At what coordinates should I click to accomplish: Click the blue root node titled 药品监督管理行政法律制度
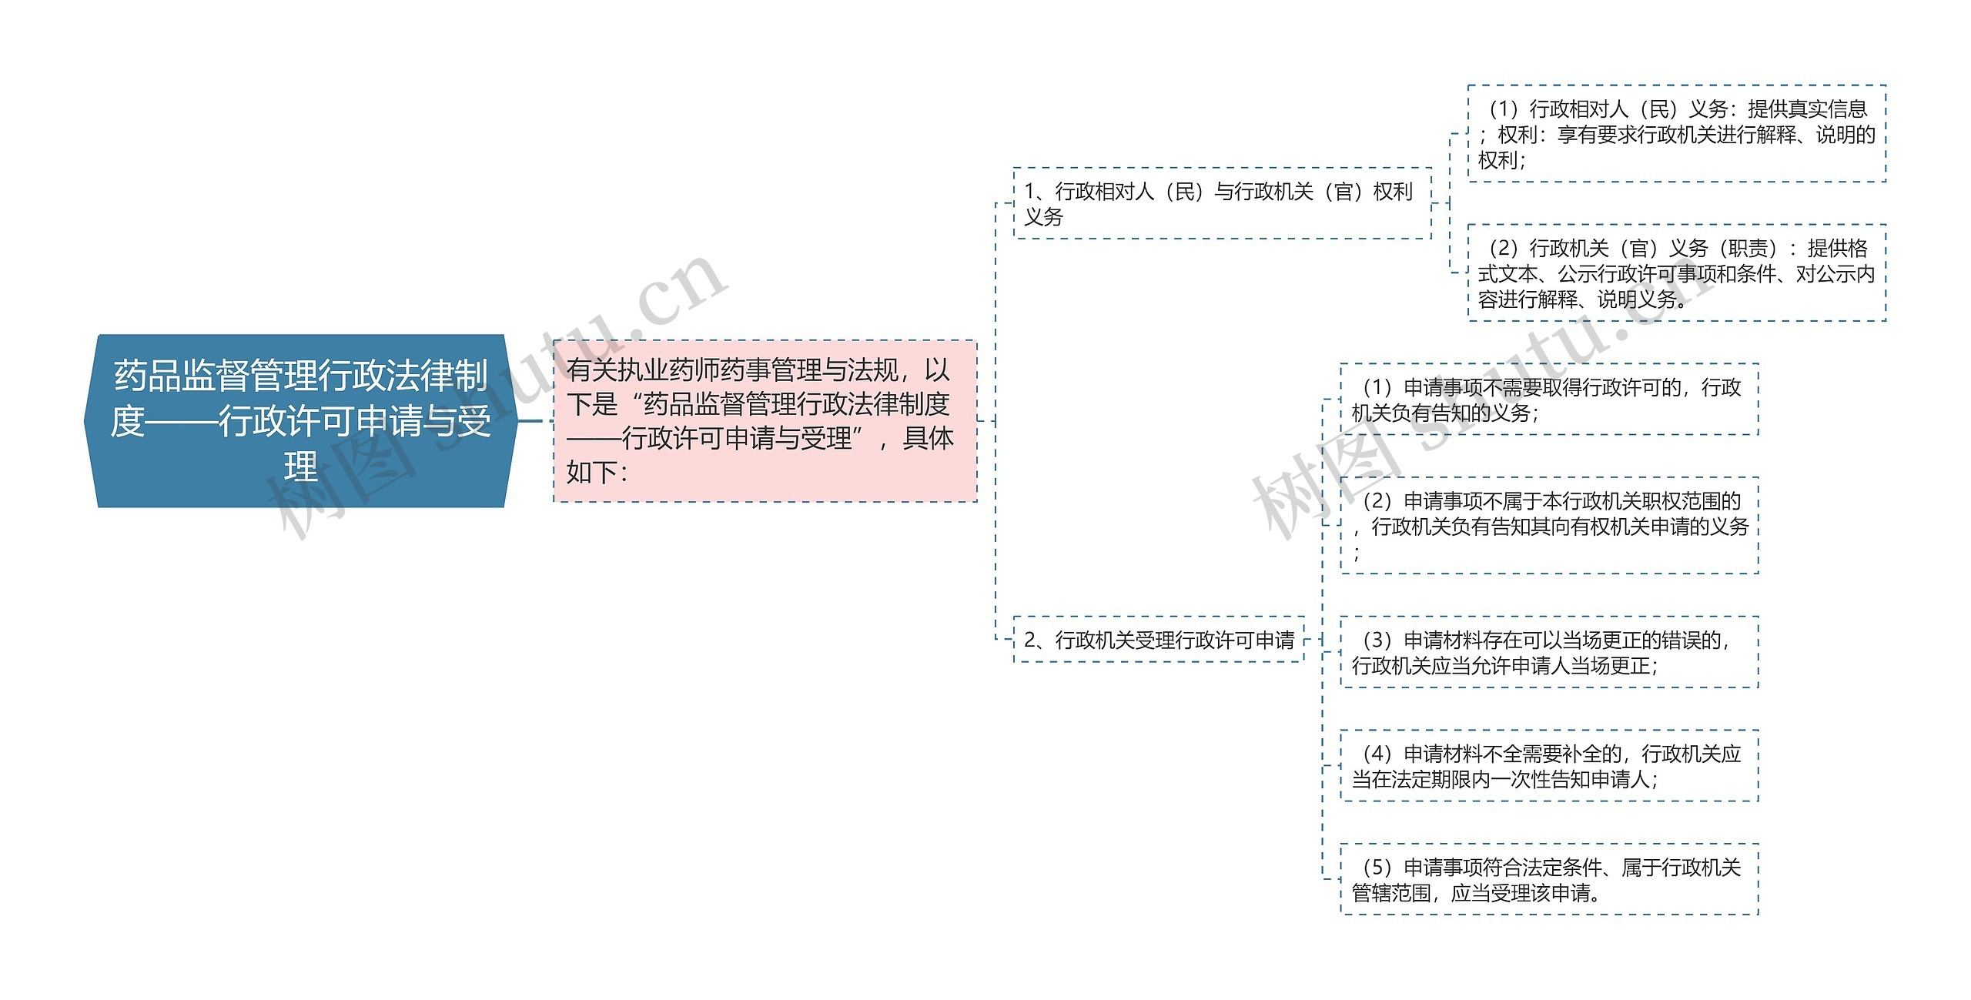coord(300,420)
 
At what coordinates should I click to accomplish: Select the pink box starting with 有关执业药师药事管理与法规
coord(765,420)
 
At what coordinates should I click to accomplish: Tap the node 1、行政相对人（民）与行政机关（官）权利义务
coord(1222,203)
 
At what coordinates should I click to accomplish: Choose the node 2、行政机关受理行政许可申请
coord(1158,639)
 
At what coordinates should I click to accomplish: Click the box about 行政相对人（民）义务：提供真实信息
coord(1676,134)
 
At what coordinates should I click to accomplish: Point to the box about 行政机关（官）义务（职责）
coord(1676,273)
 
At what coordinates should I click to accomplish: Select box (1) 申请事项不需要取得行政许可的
coord(1549,400)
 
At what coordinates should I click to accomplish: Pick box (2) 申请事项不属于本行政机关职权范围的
coord(1549,526)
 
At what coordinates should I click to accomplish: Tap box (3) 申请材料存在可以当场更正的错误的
coord(1549,652)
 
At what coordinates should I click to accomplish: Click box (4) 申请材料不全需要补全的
coord(1549,766)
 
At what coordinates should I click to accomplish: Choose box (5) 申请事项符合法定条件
coord(1549,880)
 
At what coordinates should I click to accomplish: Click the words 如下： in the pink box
coord(597,472)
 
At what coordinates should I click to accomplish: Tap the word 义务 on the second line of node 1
coord(1043,217)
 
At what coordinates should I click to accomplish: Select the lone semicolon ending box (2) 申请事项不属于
coord(1357,553)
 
